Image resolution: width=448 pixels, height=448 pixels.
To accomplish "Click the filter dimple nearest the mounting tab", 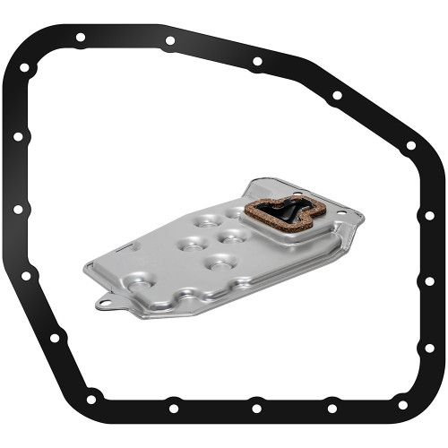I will point(140,282).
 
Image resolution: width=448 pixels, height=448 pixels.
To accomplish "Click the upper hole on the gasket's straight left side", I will point(17,136).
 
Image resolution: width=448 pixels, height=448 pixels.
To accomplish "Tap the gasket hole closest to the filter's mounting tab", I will point(55,338).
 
